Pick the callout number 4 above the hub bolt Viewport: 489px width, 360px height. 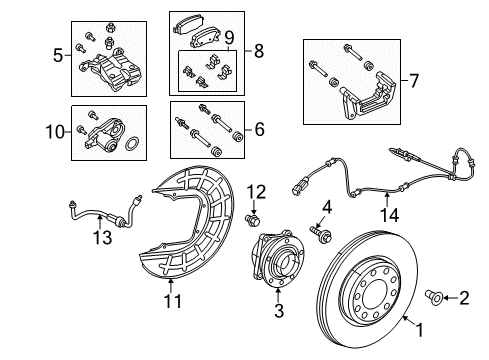(326, 207)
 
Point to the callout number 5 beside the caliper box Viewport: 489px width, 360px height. (57, 55)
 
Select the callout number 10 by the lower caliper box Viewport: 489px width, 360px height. (56, 131)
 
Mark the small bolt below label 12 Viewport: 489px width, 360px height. (253, 217)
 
